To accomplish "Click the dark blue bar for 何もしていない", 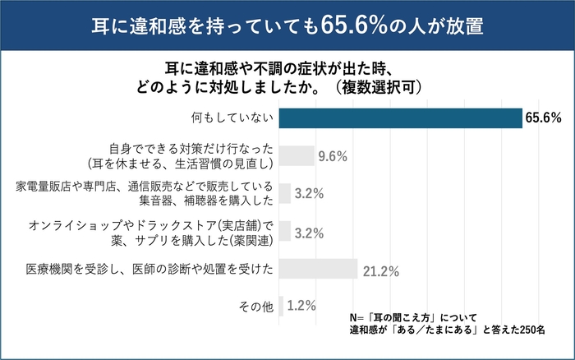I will point(401,118).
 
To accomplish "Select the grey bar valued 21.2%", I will point(319,269).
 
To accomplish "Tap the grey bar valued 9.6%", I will point(297,155).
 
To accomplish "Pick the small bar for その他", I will point(282,306).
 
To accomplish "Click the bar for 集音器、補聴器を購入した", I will point(285,193).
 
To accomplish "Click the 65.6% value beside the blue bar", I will point(544,118).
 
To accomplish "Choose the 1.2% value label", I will point(302,306).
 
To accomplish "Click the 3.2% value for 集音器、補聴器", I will point(309,194).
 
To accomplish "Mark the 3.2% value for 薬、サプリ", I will point(309,232).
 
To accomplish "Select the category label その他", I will point(255,307).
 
